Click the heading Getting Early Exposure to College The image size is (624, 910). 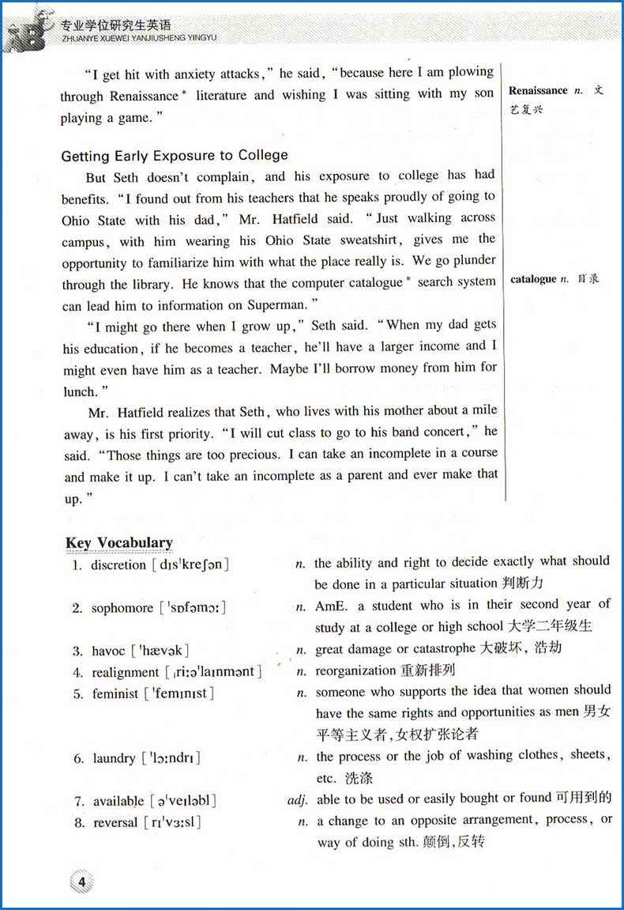pyautogui.click(x=175, y=155)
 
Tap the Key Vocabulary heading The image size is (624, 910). pyautogui.click(x=119, y=542)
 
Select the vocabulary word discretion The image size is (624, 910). pyautogui.click(x=118, y=565)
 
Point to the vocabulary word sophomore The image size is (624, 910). pyautogui.click(x=122, y=608)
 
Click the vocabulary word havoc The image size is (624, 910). pyautogui.click(x=109, y=651)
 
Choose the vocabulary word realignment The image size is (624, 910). pyautogui.click(x=126, y=672)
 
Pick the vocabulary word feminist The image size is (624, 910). pyautogui.click(x=115, y=694)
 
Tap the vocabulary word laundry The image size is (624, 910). pyautogui.click(x=114, y=758)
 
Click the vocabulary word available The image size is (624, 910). pyautogui.click(x=118, y=801)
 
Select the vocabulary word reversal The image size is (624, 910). pyautogui.click(x=115, y=822)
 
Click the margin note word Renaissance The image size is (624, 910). pyautogui.click(x=539, y=91)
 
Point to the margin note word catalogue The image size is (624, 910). pyautogui.click(x=533, y=279)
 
